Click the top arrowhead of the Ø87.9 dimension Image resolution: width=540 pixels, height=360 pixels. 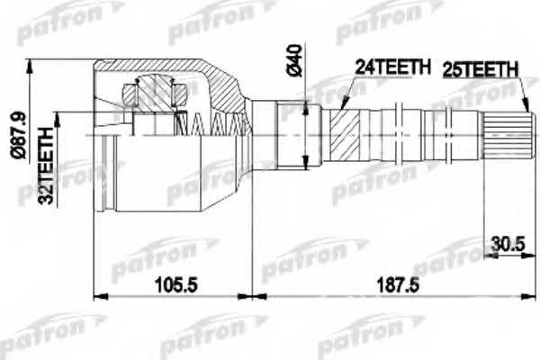pyautogui.click(x=32, y=64)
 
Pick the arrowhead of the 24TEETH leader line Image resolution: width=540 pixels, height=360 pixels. pyautogui.click(x=343, y=107)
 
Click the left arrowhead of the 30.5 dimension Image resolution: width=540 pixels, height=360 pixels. pyautogui.click(x=487, y=254)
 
